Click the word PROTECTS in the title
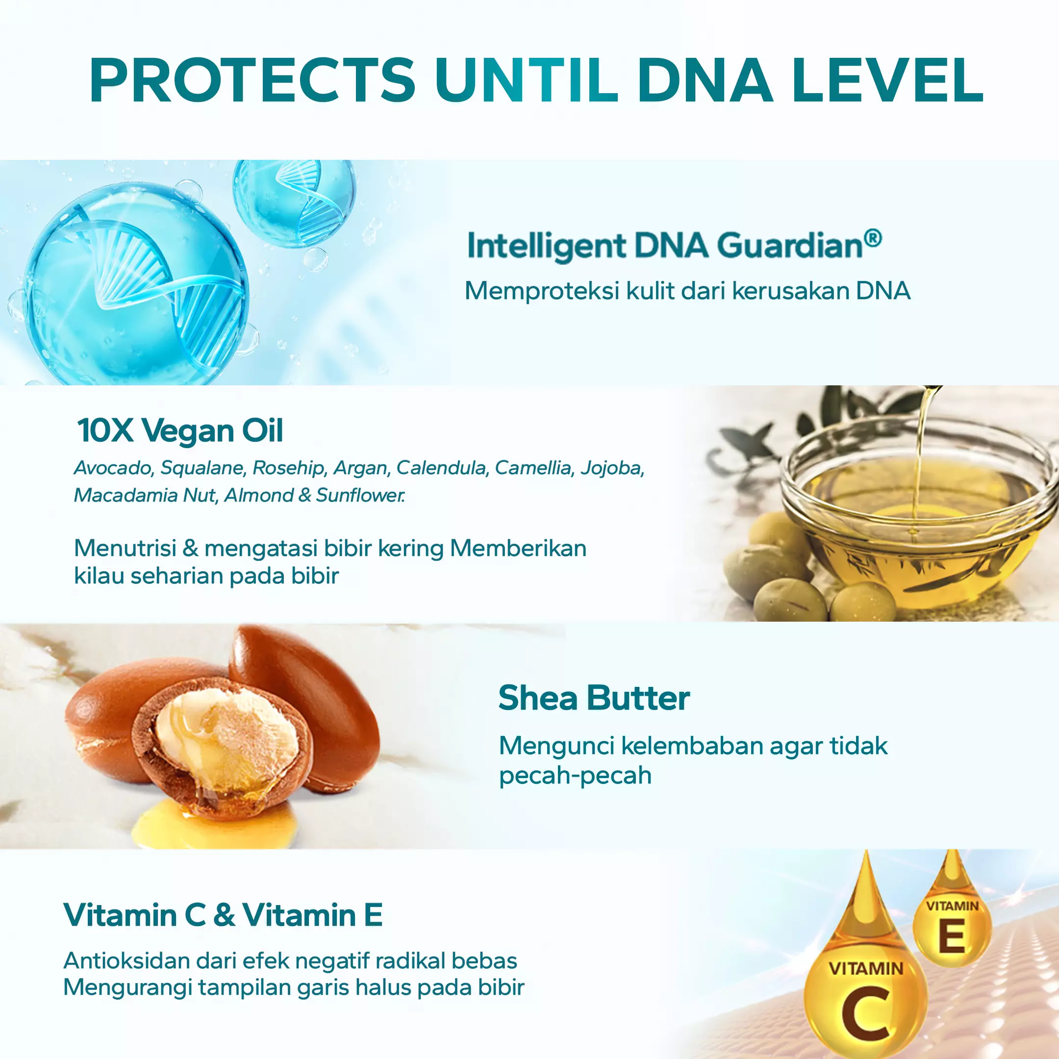(252, 80)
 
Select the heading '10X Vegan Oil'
(180, 431)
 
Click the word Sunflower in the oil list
(360, 496)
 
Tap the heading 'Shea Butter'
(594, 698)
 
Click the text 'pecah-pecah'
(575, 776)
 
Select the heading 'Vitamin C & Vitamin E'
(223, 915)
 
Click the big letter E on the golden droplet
(952, 937)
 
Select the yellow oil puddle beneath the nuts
(214, 822)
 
